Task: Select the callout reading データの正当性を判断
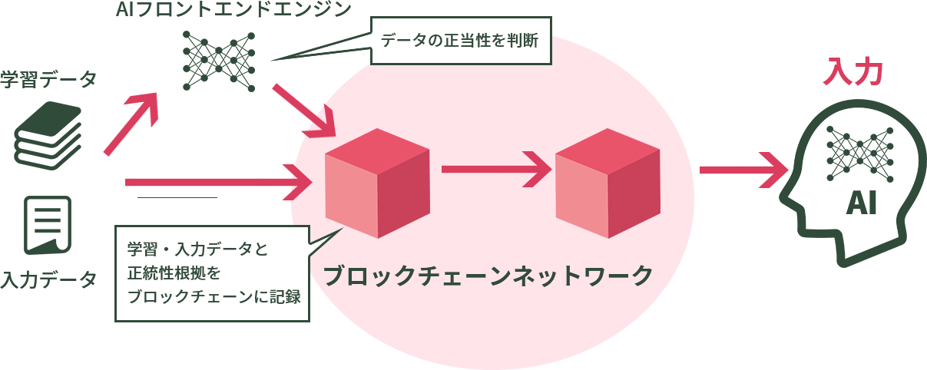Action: pos(462,39)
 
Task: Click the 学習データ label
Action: pos(48,80)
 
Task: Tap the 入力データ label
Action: pos(48,279)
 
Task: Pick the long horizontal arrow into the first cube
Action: pos(219,182)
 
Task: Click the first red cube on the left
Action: pos(377,183)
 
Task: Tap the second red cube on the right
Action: pos(608,183)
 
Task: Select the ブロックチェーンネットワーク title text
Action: pos(488,276)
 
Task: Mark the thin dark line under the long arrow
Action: pos(177,198)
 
